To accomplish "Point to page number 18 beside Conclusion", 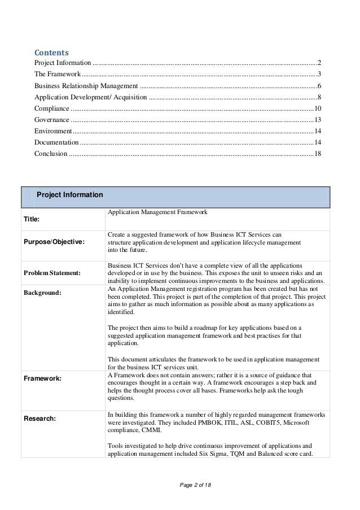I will coord(318,154).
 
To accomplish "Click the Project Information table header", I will coord(69,195).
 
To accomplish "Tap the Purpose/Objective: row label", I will coord(53,242).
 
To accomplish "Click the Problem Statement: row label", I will coord(52,273).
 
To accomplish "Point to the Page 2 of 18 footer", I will coord(179,486).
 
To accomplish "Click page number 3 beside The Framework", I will coord(319,75).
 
